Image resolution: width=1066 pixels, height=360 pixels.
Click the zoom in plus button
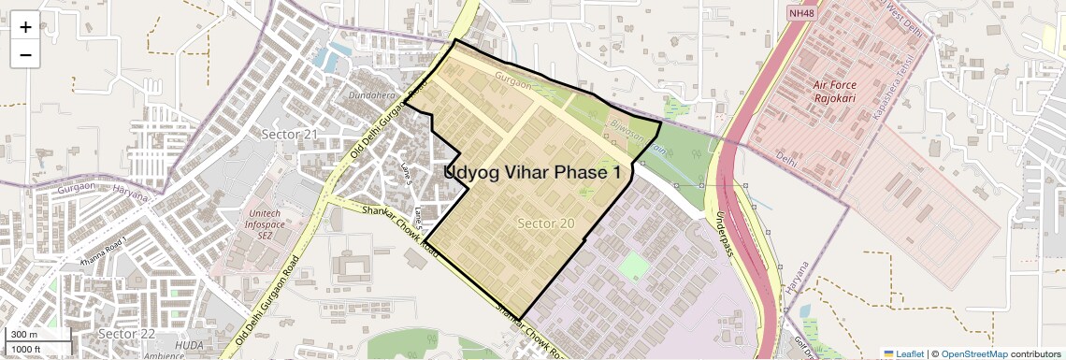pyautogui.click(x=25, y=27)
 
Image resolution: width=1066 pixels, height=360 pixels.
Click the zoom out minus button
pyautogui.click(x=25, y=55)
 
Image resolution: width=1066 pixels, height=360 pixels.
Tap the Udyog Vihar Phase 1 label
pyautogui.click(x=532, y=172)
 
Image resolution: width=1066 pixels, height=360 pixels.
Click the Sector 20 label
pyautogui.click(x=545, y=223)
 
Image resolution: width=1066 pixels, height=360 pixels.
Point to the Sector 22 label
pyautogui.click(x=126, y=334)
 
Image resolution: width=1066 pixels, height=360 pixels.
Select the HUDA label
pyautogui.click(x=190, y=345)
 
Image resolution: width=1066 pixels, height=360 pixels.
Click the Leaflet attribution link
pyautogui.click(x=904, y=353)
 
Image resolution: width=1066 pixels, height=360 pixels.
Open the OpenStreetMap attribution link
pyautogui.click(x=973, y=353)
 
